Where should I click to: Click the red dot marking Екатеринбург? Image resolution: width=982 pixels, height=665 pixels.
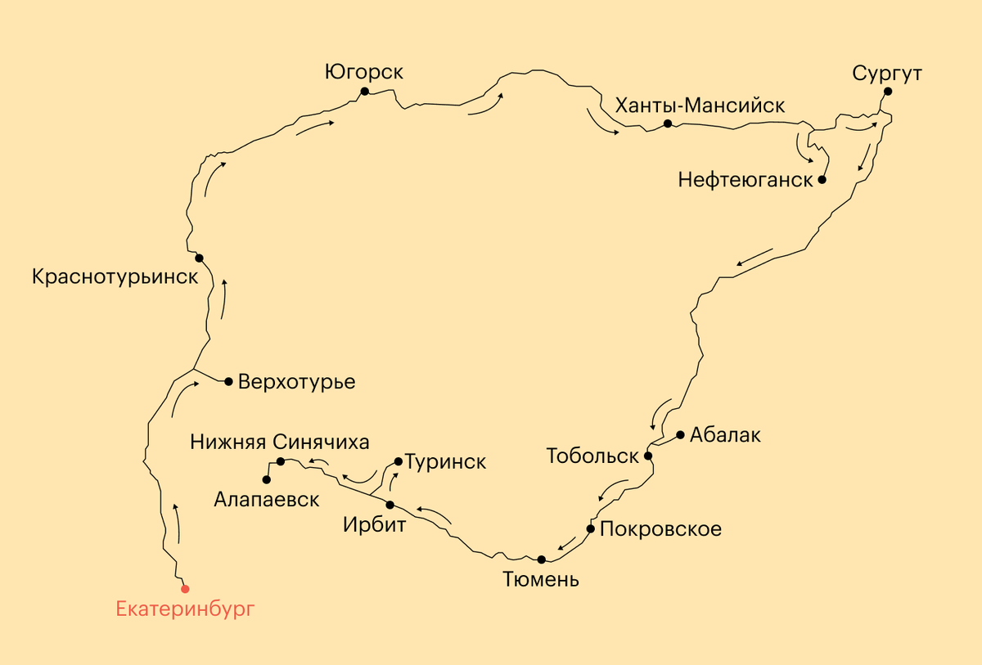pyautogui.click(x=185, y=588)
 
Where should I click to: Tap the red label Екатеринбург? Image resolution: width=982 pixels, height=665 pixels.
pyautogui.click(x=186, y=609)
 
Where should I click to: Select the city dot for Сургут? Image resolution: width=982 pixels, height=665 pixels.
pyautogui.click(x=888, y=92)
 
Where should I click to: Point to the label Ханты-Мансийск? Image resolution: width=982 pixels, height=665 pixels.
pyautogui.click(x=700, y=106)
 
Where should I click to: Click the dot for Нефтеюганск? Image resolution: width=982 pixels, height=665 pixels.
pyautogui.click(x=822, y=179)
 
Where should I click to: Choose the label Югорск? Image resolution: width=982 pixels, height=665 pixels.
pyautogui.click(x=363, y=72)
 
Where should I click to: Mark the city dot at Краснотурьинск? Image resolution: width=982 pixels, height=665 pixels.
pyautogui.click(x=199, y=258)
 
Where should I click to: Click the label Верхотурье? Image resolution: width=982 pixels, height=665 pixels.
pyautogui.click(x=296, y=382)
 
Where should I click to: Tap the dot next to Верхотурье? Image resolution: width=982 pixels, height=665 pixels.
pyautogui.click(x=229, y=381)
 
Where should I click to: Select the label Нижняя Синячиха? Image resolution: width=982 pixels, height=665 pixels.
pyautogui.click(x=280, y=442)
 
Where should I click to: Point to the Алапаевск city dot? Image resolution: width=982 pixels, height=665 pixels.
pyautogui.click(x=266, y=480)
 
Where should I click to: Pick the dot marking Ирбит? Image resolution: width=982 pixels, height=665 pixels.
pyautogui.click(x=390, y=505)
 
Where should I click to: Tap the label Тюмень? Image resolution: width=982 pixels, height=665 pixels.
pyautogui.click(x=541, y=581)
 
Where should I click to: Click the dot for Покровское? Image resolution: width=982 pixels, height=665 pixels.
pyautogui.click(x=590, y=528)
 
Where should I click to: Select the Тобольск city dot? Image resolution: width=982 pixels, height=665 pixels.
pyautogui.click(x=647, y=456)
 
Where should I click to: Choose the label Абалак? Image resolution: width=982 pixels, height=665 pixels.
pyautogui.click(x=725, y=435)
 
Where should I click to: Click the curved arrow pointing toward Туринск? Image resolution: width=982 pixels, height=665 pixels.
pyautogui.click(x=386, y=476)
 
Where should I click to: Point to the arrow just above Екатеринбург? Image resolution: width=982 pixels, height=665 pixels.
pyautogui.click(x=178, y=523)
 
